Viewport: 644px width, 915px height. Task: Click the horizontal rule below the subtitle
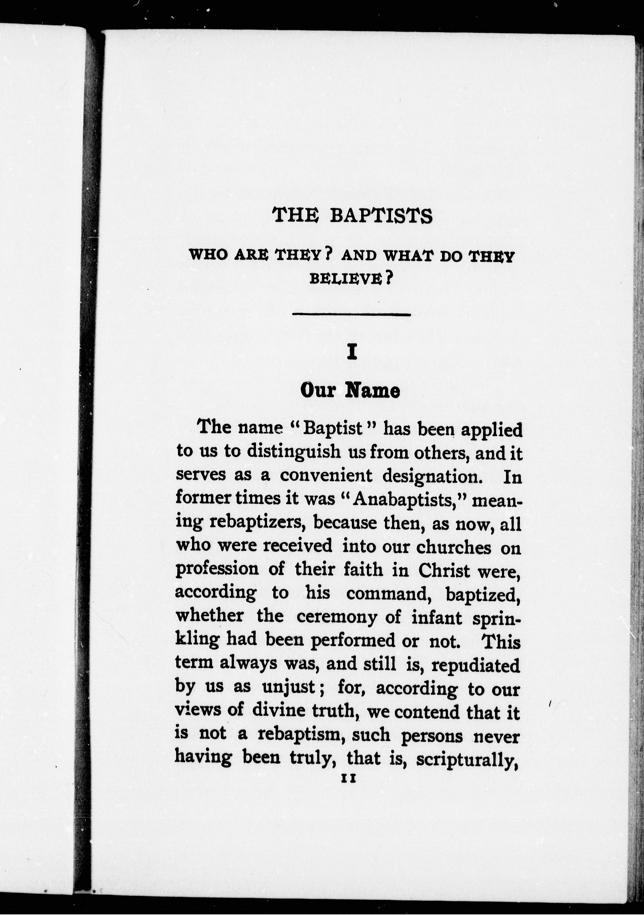(351, 315)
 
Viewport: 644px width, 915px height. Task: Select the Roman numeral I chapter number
(351, 352)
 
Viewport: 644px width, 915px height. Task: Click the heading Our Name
(350, 391)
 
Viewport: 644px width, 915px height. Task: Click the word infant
(437, 617)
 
